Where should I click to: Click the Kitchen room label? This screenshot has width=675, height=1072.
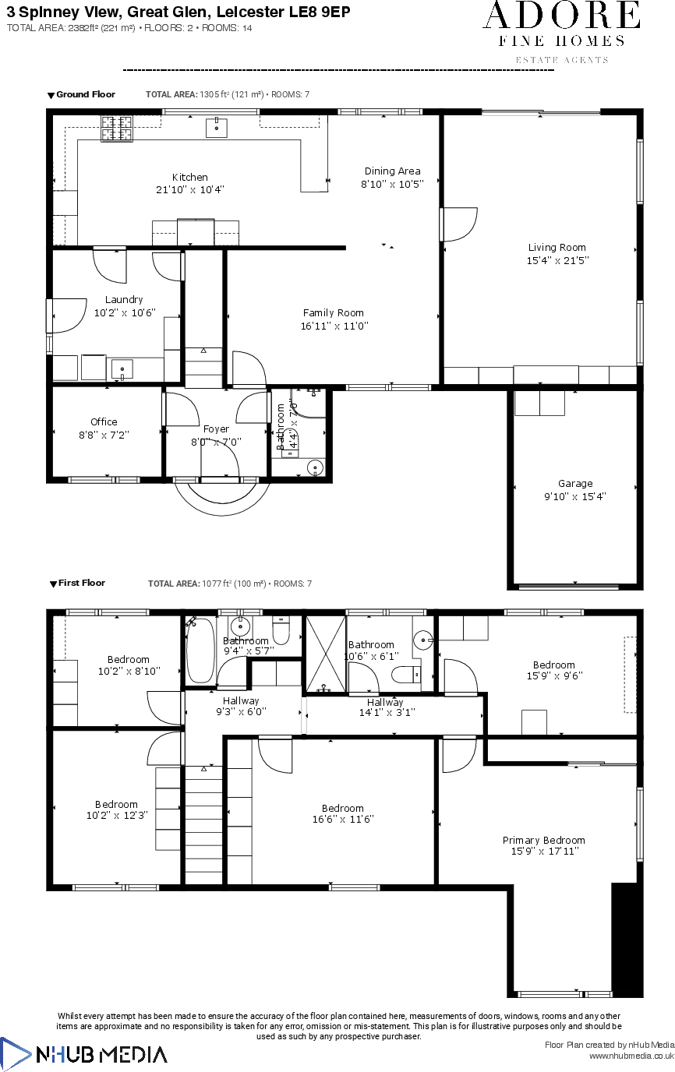190,177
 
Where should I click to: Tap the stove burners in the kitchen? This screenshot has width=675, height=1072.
117,129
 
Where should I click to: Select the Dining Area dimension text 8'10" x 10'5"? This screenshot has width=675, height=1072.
392,184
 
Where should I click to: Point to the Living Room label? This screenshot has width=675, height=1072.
557,248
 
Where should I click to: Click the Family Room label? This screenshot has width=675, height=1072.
334,313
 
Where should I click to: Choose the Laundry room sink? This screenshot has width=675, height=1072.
122,368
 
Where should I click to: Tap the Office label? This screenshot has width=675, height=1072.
104,421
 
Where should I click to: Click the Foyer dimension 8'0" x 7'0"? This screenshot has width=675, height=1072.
216,441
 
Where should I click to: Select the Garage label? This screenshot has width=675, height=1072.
574,483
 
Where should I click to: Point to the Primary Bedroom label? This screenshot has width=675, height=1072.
543,840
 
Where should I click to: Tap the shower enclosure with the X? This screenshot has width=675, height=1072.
326,653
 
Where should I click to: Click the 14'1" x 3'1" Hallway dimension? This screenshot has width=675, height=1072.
387,712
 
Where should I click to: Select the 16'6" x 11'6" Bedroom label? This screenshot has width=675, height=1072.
343,808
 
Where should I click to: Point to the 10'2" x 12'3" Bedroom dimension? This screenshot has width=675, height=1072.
116,816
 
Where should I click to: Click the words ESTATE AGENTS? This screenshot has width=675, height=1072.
562,60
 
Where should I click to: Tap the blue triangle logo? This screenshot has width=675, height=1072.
15,1054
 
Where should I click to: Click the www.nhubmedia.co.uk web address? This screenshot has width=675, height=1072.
631,1056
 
